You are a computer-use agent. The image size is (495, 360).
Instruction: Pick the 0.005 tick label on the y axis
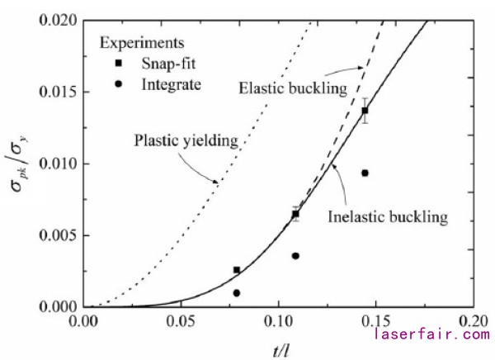[x=59, y=235]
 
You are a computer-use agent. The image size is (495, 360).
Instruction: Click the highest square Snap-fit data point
[x=365, y=111]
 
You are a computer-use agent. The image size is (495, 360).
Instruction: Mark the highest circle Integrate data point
[x=365, y=173]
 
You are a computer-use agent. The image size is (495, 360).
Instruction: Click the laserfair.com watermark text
[x=431, y=334]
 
